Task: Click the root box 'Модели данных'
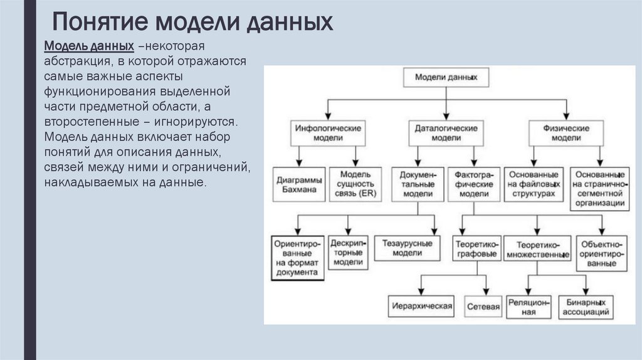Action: (446, 78)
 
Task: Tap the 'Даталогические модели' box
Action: (446, 132)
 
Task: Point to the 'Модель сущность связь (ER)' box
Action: (355, 184)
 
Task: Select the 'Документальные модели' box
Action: (417, 184)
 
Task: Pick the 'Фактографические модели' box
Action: (474, 184)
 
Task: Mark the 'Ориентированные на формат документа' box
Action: (298, 257)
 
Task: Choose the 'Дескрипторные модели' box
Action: (347, 253)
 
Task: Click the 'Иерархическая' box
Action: (421, 306)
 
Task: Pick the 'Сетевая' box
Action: (483, 307)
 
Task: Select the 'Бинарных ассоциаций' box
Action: (585, 307)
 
